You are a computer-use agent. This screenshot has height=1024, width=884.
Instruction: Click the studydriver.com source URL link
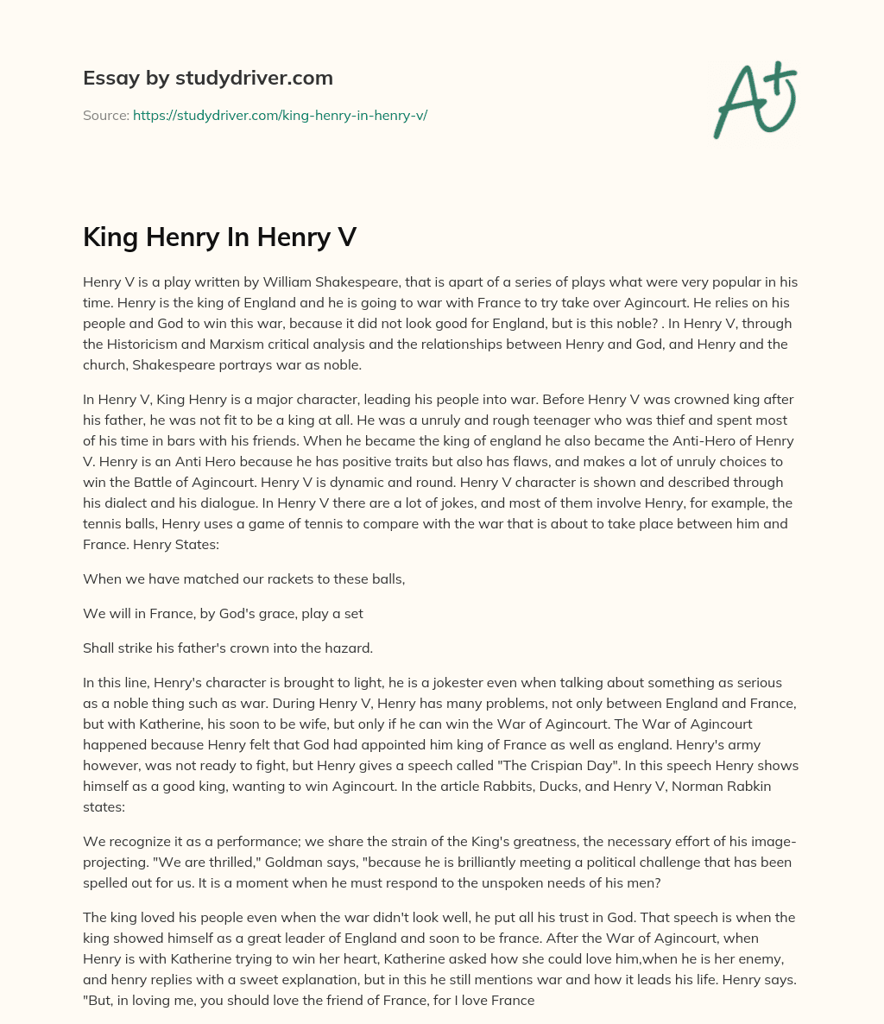(x=280, y=115)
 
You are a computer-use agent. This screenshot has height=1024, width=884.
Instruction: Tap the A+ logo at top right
(x=754, y=99)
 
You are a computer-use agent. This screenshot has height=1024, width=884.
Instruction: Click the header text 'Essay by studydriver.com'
(x=207, y=78)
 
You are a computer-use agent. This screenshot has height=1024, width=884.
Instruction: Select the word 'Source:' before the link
(x=105, y=115)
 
